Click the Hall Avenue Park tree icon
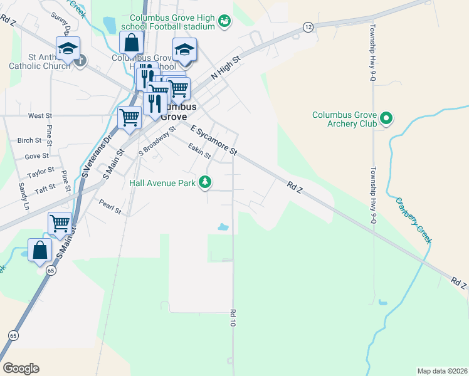tap(204, 182)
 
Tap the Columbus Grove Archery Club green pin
tap(387, 117)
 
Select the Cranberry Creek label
tap(413, 220)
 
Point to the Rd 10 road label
tap(232, 316)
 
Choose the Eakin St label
tap(199, 150)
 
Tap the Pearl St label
tap(110, 207)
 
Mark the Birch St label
tap(29, 140)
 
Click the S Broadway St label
tap(157, 143)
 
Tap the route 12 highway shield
tap(308, 27)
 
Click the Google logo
tap(21, 368)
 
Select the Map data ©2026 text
tap(442, 371)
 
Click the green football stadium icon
tap(224, 22)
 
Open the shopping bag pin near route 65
tap(40, 250)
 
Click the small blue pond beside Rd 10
tap(223, 227)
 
